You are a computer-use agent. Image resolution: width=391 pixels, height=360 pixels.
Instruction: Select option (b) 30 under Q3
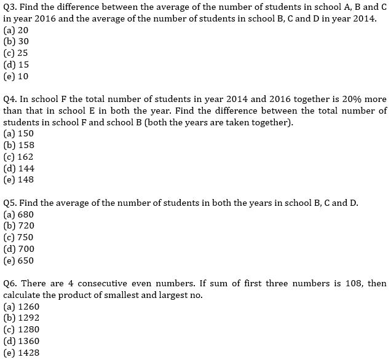17,42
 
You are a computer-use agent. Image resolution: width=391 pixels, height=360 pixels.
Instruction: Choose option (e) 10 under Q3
17,76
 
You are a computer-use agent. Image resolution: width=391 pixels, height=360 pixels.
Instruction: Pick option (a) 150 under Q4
18,133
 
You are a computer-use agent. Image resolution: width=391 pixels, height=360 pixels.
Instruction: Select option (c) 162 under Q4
18,157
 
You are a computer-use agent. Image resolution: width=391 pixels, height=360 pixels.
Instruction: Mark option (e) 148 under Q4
18,180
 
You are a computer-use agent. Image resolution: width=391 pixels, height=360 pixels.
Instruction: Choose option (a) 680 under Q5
18,214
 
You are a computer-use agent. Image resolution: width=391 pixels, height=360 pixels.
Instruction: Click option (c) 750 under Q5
18,237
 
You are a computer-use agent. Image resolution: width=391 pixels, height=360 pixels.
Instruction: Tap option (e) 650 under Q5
18,260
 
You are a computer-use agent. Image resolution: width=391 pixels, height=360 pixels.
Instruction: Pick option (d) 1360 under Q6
22,341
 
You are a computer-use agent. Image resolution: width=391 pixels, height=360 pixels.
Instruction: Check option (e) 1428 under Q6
22,353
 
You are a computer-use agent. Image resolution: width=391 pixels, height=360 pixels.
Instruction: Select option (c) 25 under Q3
16,53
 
